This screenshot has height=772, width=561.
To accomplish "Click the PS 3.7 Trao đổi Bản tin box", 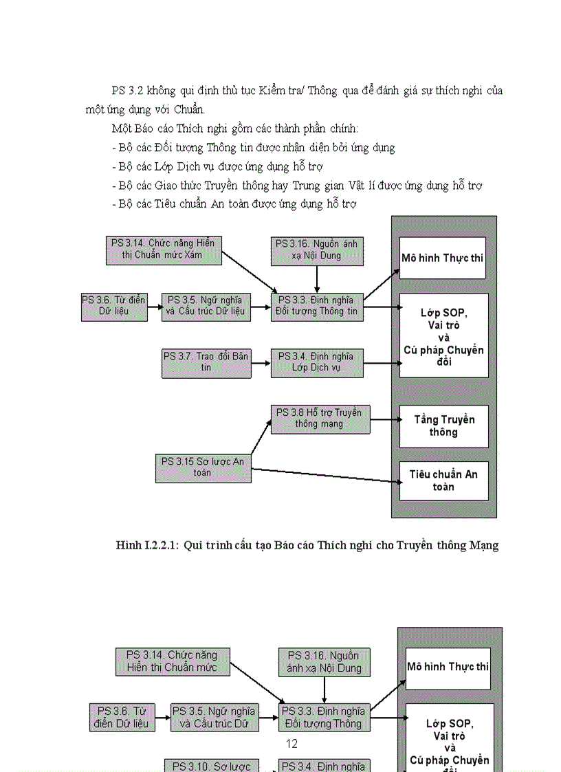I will tap(206, 363).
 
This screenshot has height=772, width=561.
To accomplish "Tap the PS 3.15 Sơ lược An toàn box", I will tap(203, 467).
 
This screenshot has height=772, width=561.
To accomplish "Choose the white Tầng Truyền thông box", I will tap(443, 426).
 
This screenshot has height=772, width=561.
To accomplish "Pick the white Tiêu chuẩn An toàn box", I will tap(443, 481).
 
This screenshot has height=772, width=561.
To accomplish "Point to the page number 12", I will tap(291, 744).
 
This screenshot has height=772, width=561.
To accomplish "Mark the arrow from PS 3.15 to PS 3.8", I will tap(261, 436).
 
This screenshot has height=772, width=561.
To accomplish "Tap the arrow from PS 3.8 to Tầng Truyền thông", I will tap(384, 419).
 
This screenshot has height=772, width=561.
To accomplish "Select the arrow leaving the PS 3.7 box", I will tap(261, 363).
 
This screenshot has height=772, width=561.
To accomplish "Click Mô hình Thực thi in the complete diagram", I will tap(443, 258).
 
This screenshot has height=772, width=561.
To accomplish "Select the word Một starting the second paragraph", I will tap(122, 129).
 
